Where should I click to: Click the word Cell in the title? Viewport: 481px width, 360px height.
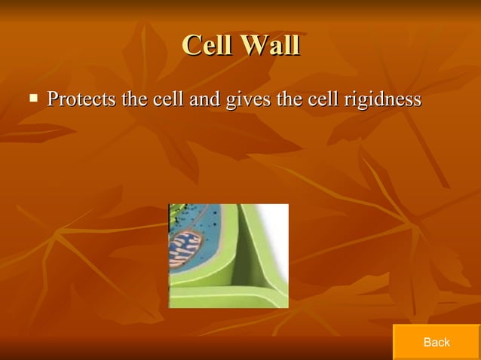(206, 45)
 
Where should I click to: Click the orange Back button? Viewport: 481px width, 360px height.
(436, 342)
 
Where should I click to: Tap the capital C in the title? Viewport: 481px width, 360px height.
(191, 45)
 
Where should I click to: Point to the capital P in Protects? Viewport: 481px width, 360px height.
(53, 99)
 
